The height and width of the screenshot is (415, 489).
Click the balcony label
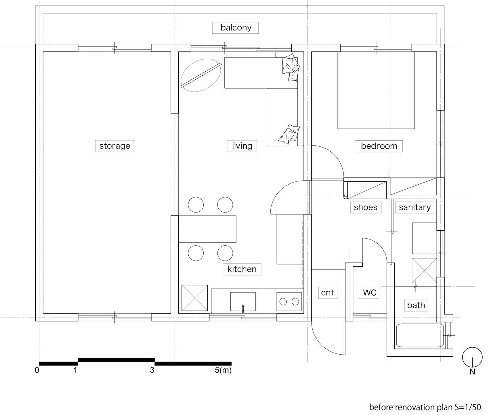(236, 28)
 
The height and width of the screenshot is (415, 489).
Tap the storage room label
(114, 146)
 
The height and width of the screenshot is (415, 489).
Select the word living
(242, 146)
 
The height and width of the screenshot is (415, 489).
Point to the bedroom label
(379, 146)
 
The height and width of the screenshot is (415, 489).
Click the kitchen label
(242, 269)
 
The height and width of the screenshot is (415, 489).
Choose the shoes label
(366, 207)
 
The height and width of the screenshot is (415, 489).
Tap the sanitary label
(414, 207)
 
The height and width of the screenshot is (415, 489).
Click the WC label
(370, 292)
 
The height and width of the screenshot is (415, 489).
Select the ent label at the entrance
(327, 292)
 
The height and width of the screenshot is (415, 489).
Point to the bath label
(416, 305)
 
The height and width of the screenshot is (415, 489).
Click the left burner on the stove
(283, 301)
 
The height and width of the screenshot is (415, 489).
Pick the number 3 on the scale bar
(152, 370)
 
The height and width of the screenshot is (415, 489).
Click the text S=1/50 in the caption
(465, 407)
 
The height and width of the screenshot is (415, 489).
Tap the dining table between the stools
(207, 229)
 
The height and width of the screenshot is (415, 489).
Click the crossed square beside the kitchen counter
(195, 298)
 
